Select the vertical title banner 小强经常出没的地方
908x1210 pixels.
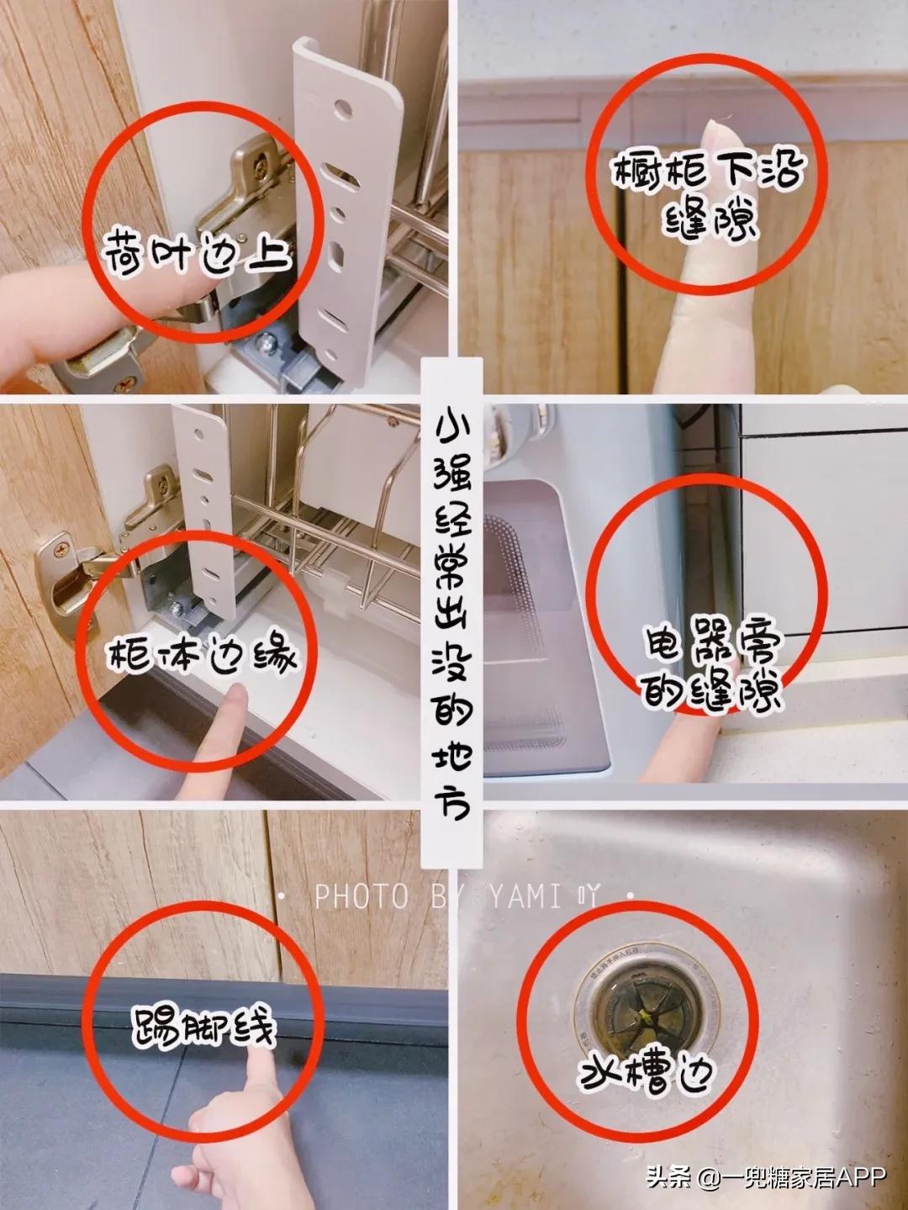pos(452,614)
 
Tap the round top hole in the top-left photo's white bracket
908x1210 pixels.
pos(342,109)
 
